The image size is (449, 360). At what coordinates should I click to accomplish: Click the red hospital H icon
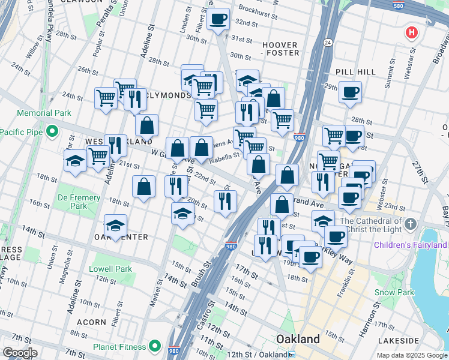(411, 32)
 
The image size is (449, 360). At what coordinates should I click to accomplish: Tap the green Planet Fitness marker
(155, 346)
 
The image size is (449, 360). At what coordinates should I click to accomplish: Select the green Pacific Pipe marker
(52, 130)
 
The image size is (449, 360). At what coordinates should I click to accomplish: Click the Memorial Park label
(44, 113)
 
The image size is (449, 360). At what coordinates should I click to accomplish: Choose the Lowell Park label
(110, 269)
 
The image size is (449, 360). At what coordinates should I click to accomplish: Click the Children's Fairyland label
(410, 245)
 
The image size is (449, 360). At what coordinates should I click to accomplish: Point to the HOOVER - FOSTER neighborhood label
(280, 49)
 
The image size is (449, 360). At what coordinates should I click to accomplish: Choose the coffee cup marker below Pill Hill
(350, 92)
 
